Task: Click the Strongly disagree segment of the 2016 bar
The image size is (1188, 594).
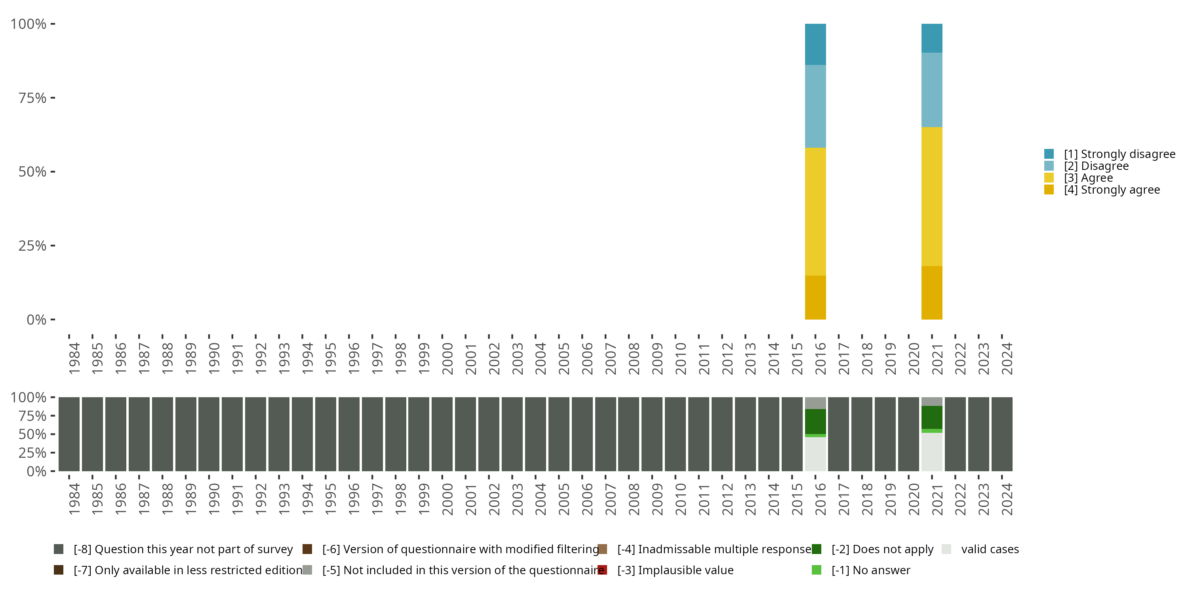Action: [815, 44]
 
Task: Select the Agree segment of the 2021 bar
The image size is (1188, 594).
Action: [931, 196]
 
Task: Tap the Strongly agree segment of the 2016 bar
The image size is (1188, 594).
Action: [815, 297]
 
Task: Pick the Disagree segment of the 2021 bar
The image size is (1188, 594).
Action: [931, 90]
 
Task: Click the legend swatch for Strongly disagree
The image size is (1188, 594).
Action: [1049, 154]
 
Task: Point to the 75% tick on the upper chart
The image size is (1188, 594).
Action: [32, 98]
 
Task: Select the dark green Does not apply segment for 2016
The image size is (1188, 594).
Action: [815, 421]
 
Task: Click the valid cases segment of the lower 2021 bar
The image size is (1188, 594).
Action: [931, 452]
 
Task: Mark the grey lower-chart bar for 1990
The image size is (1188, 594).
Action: [209, 434]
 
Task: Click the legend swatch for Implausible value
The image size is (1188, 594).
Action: [602, 570]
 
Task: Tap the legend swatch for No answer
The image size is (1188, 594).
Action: [816, 570]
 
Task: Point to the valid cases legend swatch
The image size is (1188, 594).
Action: [946, 549]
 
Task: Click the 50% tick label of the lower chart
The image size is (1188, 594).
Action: [32, 434]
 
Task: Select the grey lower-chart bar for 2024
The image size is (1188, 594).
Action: [1002, 434]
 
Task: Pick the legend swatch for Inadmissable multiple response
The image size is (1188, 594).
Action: [602, 549]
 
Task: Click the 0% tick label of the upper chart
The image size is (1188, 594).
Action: [36, 320]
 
